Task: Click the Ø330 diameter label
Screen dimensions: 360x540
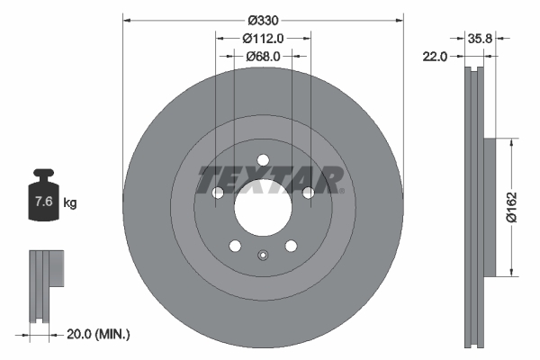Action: pos(263,19)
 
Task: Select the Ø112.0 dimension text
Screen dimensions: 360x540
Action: pos(264,38)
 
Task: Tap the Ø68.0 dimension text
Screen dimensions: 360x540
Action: pos(264,56)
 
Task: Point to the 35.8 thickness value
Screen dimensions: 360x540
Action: pos(481,39)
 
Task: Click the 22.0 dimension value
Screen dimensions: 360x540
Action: pos(436,56)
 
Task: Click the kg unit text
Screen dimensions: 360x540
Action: pos(69,203)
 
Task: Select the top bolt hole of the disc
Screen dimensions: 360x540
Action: pos(263,160)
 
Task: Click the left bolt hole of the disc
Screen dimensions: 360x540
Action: pos(218,193)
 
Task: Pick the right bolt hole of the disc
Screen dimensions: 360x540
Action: pos(308,193)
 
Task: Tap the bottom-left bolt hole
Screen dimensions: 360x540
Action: pos(235,246)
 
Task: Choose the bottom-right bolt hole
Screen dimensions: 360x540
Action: pos(291,246)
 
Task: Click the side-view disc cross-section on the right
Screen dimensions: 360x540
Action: pos(475,207)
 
